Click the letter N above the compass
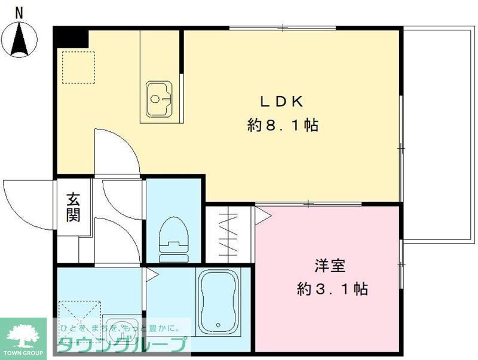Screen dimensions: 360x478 [x=20, y=11]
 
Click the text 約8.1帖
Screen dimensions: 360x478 [x=282, y=126]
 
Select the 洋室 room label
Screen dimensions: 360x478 [x=329, y=265]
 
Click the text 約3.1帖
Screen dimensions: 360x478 [x=332, y=290]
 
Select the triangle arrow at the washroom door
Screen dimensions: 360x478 [x=151, y=275]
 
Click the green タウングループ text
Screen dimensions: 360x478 [x=122, y=344]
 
